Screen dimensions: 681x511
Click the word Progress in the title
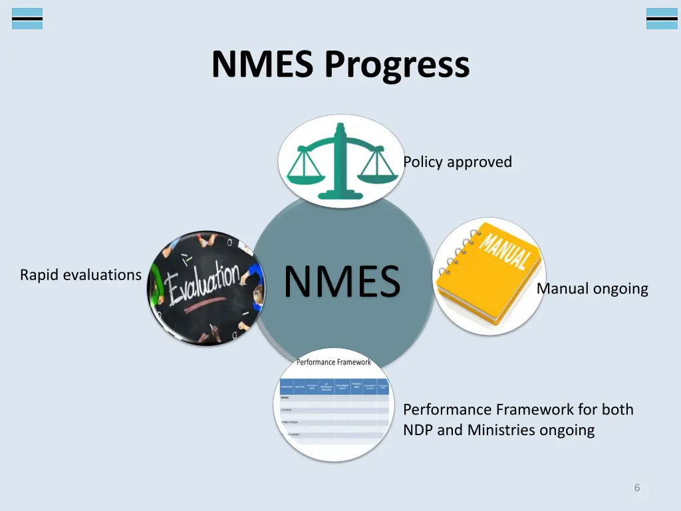click(397, 65)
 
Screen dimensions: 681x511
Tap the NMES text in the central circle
click(342, 281)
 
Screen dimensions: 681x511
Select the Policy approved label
click(458, 162)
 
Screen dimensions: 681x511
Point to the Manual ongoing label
click(592, 289)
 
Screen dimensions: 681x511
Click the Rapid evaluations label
click(80, 275)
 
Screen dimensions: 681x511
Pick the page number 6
click(636, 488)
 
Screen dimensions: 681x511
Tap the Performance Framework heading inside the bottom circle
click(334, 363)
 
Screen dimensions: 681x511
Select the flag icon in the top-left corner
click(27, 19)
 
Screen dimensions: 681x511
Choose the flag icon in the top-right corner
click(661, 19)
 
